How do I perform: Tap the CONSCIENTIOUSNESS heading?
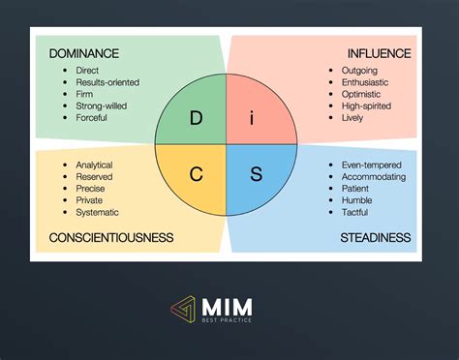point(111,237)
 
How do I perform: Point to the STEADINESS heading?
point(375,237)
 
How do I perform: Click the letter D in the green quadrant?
point(196,118)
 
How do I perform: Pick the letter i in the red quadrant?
point(252,118)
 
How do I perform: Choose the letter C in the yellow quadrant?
point(196,175)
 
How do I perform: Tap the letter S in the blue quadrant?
point(257,175)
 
